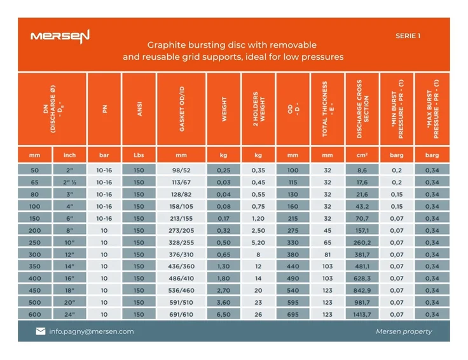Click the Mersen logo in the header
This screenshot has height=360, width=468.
(60, 36)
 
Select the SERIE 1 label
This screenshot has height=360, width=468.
(408, 36)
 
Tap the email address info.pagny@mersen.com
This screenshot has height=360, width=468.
(92, 331)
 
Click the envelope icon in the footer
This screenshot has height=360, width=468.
(41, 331)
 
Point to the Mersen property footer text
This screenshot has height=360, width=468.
(404, 331)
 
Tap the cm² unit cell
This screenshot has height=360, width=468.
(362, 155)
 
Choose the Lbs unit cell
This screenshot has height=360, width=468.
(139, 155)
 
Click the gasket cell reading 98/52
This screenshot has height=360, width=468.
(181, 170)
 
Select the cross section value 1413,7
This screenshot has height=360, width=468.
(362, 315)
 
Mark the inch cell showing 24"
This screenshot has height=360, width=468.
(69, 315)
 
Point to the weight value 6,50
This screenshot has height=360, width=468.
(224, 315)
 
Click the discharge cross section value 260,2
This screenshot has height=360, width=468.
(362, 242)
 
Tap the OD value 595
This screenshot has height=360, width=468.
(293, 303)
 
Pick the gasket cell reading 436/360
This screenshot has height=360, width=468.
(181, 267)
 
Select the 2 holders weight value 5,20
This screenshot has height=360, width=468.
(258, 242)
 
